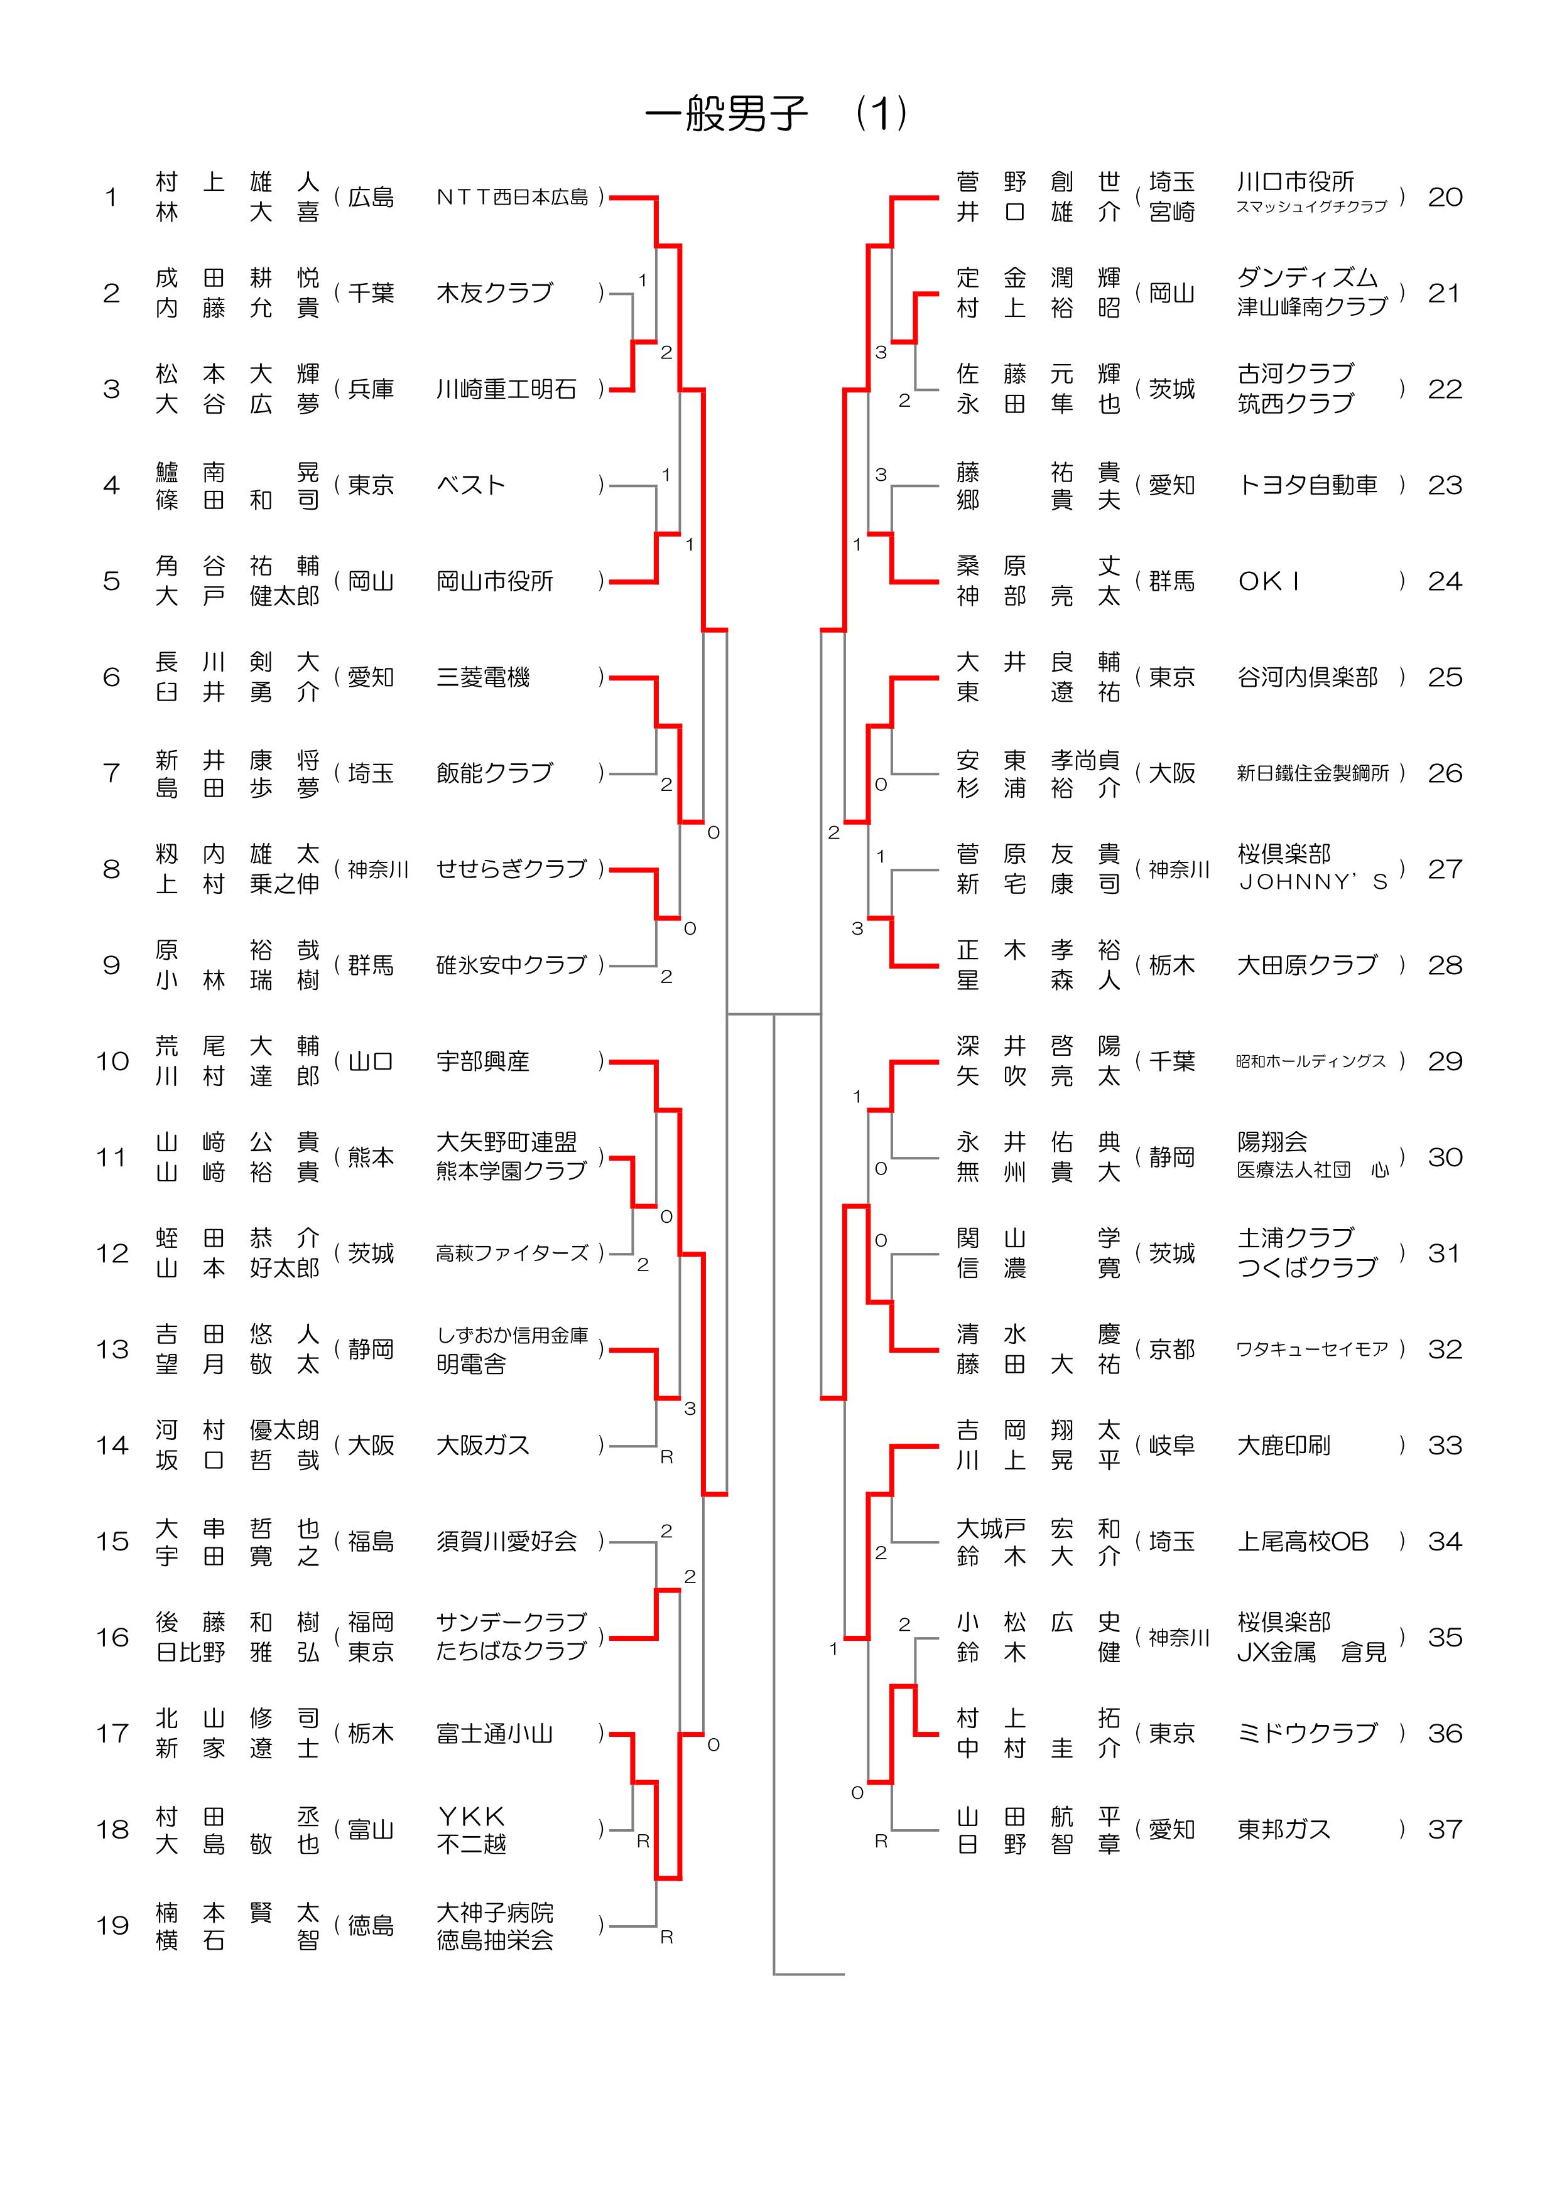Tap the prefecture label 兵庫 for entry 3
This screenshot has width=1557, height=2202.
[x=371, y=389]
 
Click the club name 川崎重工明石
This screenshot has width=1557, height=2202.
[x=506, y=389]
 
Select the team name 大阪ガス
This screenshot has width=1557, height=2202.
[x=482, y=1446]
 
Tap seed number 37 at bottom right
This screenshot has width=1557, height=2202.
[x=1444, y=1829]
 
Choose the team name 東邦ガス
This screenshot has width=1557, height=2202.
[x=1284, y=1829]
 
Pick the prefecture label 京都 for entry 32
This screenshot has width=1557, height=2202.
[x=1173, y=1350]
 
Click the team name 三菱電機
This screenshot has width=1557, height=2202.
[x=482, y=677]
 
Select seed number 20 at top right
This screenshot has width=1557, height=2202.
[x=1444, y=198]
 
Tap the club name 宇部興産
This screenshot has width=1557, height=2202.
[x=482, y=1061]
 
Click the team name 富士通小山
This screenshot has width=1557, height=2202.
[x=494, y=1733]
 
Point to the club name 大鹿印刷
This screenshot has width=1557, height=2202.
[x=1284, y=1446]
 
